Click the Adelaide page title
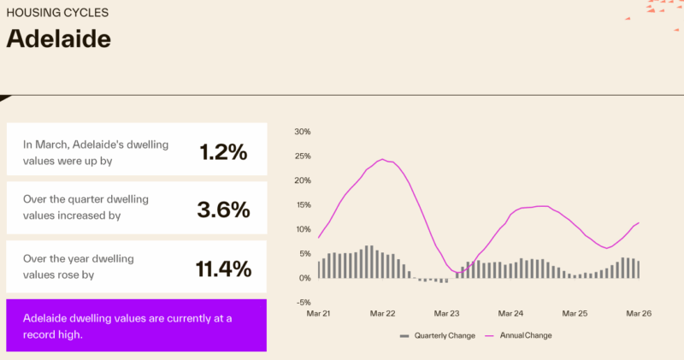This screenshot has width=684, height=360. (59, 39)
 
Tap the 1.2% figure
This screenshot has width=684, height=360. (223, 152)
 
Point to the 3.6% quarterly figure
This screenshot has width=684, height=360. (224, 210)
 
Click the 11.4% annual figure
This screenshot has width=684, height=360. (224, 269)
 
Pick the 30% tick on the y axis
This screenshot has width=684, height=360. (302, 132)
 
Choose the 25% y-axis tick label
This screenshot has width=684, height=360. (302, 156)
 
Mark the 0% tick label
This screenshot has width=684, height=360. (304, 278)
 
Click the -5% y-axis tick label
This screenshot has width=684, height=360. (303, 302)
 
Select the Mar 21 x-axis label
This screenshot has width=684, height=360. (318, 314)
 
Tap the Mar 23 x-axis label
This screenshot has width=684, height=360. (446, 314)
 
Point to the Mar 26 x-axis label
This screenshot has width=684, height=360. (639, 314)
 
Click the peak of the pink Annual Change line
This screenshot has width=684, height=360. (382, 160)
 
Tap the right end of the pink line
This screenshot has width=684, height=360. (639, 222)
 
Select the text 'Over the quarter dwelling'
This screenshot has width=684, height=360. (85, 198)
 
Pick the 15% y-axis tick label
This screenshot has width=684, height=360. (302, 205)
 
